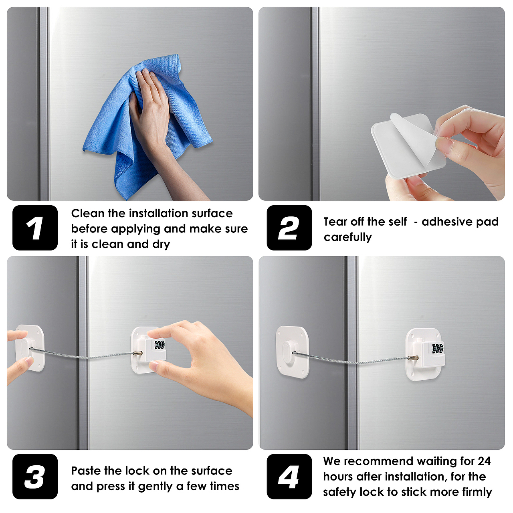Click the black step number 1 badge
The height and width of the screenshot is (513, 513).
pyautogui.click(x=35, y=228)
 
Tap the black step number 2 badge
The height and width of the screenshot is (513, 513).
pyautogui.click(x=289, y=228)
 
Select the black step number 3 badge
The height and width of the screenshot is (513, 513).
pyautogui.click(x=35, y=477)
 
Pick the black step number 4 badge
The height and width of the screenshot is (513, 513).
pyautogui.click(x=289, y=477)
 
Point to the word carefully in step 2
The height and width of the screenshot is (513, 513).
pyautogui.click(x=348, y=237)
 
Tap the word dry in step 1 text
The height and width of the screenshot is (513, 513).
pyautogui.click(x=161, y=244)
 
